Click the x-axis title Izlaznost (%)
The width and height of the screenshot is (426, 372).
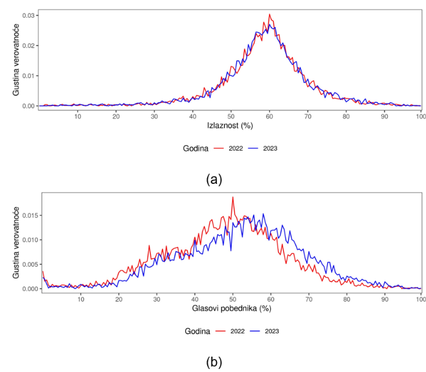click(230, 126)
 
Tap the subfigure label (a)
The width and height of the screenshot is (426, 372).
click(214, 179)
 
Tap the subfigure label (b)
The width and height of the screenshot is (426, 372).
click(214, 362)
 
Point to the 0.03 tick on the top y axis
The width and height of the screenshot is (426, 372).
click(28, 15)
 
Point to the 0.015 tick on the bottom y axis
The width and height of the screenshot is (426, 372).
click(26, 216)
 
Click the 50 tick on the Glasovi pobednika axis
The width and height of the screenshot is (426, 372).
click(233, 298)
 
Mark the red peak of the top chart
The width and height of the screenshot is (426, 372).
click(269, 15)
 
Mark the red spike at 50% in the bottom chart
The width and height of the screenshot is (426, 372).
click(233, 197)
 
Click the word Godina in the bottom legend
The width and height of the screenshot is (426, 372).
click(198, 331)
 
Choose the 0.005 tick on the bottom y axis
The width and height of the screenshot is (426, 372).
click(26, 264)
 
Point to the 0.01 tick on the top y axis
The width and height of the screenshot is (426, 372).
click(28, 75)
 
